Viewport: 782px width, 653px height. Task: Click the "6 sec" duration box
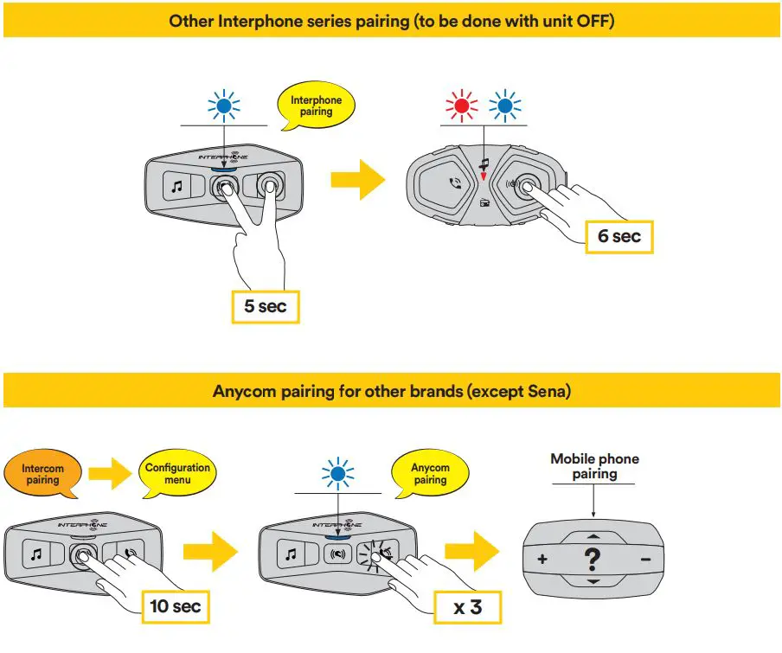coord(619,235)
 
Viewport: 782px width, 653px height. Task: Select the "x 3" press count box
coord(467,605)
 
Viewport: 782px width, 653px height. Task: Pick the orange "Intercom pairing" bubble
coord(42,474)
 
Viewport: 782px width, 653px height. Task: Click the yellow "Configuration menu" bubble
coord(177,473)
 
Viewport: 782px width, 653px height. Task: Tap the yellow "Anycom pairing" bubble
coord(430,473)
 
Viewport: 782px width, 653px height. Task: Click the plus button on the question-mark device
coord(542,560)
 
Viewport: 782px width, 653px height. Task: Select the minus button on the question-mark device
coord(645,560)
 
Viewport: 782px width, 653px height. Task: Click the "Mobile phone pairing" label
coord(594,466)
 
